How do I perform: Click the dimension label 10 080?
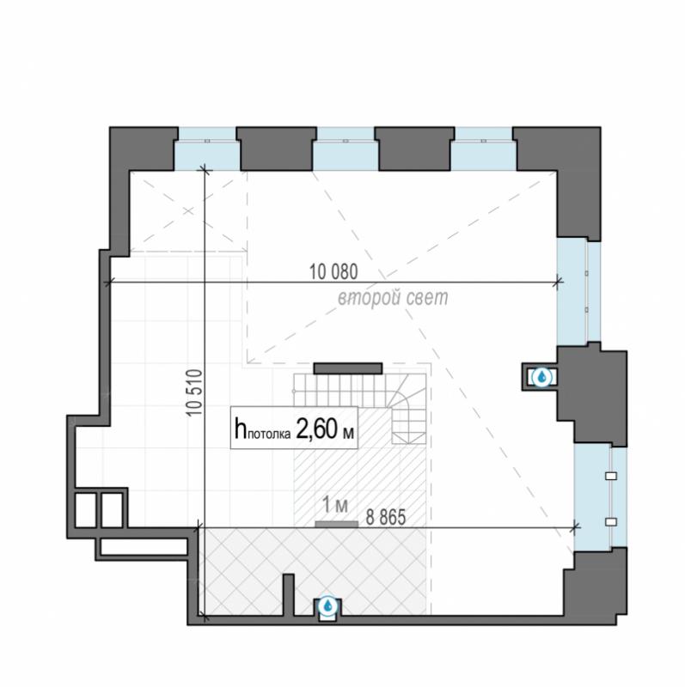333,271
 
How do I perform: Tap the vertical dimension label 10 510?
195,392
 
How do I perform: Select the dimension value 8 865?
386,518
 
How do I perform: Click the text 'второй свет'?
393,298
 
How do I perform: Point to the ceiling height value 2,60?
316,429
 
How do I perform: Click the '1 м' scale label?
335,504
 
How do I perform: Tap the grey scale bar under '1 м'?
336,524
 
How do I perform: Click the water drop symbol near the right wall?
541,376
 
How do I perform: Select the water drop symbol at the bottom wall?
327,606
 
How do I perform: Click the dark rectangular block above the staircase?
348,368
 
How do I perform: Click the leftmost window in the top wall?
207,149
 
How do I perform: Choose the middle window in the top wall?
346,149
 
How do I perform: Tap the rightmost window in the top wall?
484,149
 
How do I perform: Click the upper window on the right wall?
579,292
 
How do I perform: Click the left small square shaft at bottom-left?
85,510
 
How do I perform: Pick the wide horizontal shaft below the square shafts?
144,547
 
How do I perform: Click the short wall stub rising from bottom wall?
288,595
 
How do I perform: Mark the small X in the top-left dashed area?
188,211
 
